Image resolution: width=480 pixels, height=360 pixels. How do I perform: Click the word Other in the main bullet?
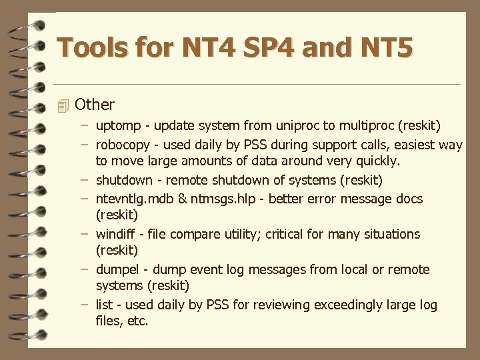(x=95, y=105)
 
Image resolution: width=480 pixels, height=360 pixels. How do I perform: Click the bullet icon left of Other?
(x=63, y=105)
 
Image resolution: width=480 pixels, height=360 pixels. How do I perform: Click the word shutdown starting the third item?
(x=123, y=180)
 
